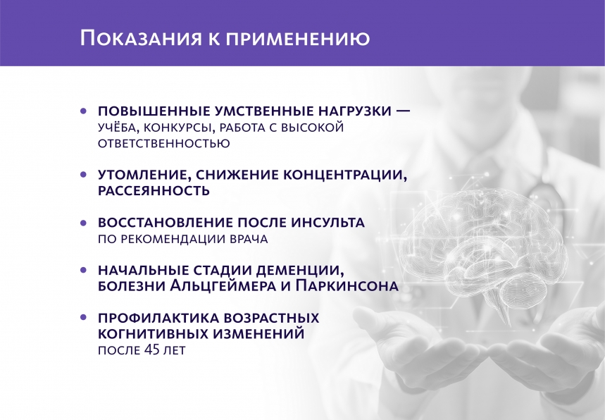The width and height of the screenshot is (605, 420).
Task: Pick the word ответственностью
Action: pyautogui.click(x=163, y=143)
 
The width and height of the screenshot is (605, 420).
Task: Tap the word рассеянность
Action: pyautogui.click(x=154, y=190)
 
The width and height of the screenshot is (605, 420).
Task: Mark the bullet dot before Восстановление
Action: pyautogui.click(x=84, y=222)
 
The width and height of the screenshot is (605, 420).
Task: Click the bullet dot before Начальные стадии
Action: pyautogui.click(x=84, y=270)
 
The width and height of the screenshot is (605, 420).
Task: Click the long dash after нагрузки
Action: pyautogui.click(x=403, y=111)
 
